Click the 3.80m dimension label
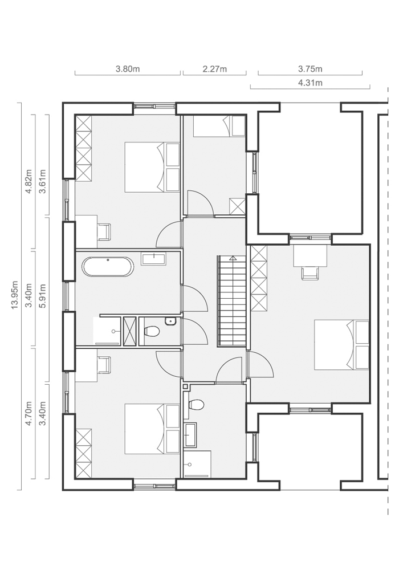click(x=128, y=69)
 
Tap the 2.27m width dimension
click(x=215, y=69)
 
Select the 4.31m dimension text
click(x=310, y=83)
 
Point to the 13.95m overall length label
click(x=15, y=295)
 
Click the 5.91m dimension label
click(x=43, y=295)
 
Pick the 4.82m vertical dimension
click(x=28, y=181)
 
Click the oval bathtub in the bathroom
click(x=108, y=267)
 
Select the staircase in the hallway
click(x=233, y=301)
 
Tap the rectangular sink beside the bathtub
click(x=154, y=259)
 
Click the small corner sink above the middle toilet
click(x=170, y=321)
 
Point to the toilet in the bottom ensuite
click(x=194, y=405)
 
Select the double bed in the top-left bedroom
click(x=152, y=167)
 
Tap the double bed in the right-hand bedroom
click(x=341, y=345)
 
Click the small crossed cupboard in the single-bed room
click(x=238, y=206)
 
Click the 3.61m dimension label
click(x=43, y=181)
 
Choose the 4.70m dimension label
click(x=28, y=413)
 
